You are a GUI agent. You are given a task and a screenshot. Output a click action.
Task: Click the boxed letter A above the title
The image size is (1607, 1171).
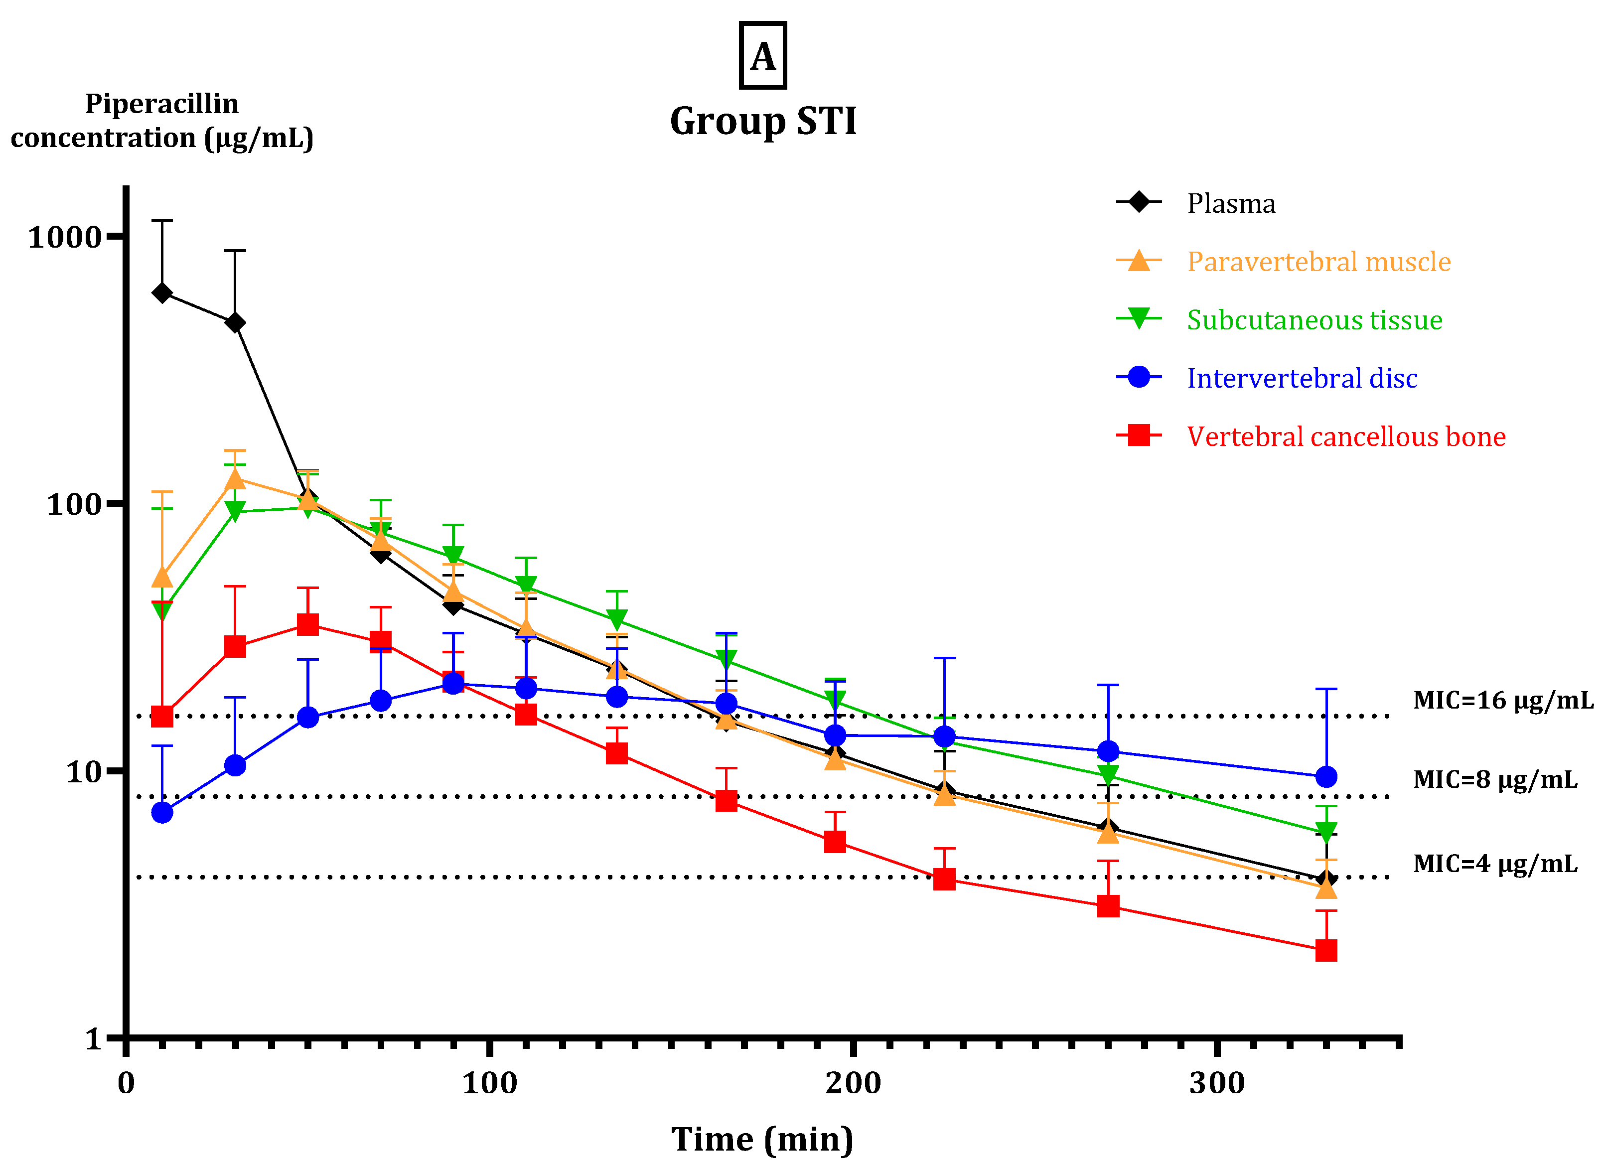pos(763,56)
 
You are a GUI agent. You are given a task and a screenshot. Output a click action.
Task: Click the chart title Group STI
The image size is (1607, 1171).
pos(763,121)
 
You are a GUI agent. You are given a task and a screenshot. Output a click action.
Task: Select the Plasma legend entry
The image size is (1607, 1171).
pos(1231,203)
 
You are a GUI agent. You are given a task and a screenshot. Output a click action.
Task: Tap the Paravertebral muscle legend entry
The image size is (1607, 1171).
pos(1318,262)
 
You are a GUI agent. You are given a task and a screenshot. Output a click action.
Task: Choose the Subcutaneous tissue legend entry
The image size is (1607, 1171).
pos(1314,320)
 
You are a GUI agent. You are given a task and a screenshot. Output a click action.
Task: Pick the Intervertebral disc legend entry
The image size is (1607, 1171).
pos(1302,378)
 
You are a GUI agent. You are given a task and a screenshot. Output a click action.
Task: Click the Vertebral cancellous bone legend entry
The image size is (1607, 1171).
pos(1345,436)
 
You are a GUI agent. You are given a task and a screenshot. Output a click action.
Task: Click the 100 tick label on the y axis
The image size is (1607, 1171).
pos(74,505)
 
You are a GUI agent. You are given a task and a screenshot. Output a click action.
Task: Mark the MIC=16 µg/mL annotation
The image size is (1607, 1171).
pos(1503,700)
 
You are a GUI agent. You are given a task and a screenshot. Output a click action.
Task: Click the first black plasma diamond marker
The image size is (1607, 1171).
pos(162,293)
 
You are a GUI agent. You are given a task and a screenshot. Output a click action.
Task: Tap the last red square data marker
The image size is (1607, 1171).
pos(1325,951)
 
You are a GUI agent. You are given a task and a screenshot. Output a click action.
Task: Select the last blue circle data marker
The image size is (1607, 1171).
pos(1325,777)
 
